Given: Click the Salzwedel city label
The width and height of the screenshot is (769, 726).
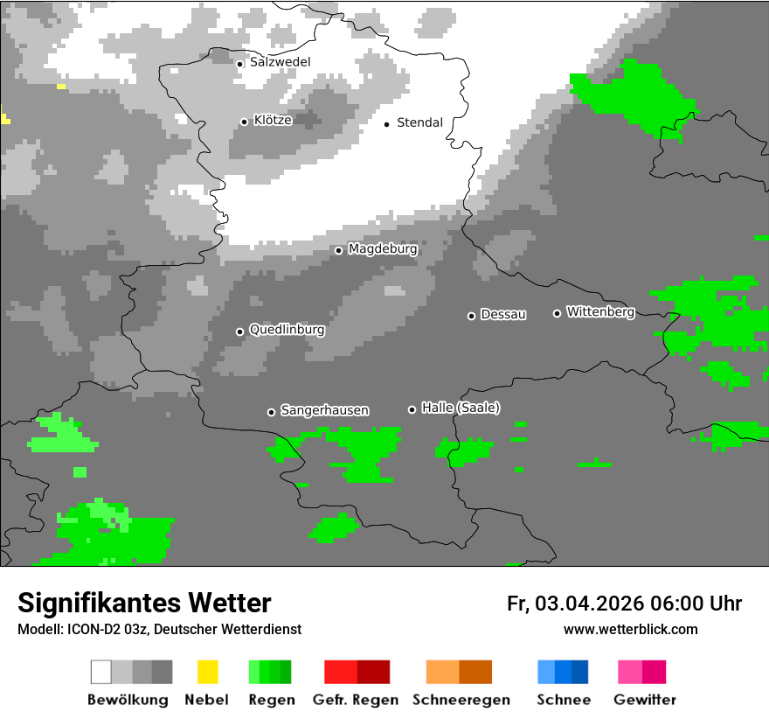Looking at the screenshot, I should click(280, 62).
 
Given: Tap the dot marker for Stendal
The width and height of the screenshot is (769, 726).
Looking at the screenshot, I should click(386, 123).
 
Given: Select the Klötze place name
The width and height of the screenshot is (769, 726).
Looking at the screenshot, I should click(273, 121).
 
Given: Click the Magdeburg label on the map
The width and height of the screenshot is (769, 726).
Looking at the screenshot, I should click(383, 249).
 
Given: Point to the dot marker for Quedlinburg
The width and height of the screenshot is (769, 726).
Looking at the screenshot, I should click(239, 332).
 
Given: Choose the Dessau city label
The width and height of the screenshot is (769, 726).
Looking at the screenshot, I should click(503, 315).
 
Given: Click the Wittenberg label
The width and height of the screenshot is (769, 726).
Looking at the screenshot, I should click(600, 312).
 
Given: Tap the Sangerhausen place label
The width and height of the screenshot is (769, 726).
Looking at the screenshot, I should click(324, 410).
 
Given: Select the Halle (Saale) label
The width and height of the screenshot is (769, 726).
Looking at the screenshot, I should click(461, 408).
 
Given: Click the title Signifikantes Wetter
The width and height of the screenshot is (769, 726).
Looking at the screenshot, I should click(144, 603).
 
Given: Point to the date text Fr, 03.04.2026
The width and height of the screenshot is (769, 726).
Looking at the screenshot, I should click(575, 604).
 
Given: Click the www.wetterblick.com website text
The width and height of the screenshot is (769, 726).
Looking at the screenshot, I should click(630, 629).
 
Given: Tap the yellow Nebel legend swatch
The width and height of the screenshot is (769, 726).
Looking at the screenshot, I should click(207, 672).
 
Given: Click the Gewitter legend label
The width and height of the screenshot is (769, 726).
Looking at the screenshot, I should click(644, 700).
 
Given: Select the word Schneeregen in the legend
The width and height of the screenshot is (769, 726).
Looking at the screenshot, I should click(461, 700).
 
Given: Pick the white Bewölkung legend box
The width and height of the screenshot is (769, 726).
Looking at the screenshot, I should click(101, 672).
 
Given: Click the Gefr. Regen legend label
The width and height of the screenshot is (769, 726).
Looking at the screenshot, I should click(355, 700).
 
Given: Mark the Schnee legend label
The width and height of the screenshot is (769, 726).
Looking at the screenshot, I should click(563, 700).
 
